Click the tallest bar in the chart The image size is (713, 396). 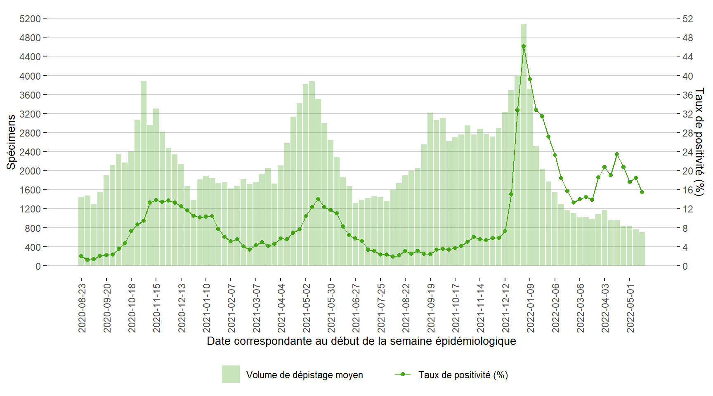pos(523,144)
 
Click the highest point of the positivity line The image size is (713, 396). pos(524,46)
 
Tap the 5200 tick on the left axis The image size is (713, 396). pos(30,19)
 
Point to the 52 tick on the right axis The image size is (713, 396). pos(687,19)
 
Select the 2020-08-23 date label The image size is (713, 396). pos(82,307)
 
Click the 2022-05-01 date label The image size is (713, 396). pos(630,307)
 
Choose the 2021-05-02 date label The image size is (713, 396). pos(306,307)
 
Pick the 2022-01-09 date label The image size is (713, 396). pos(530,307)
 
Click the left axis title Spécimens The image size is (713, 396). pos(11,142)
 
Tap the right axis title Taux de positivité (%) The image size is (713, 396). pos(699,142)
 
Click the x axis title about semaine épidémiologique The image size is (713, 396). pos(361,341)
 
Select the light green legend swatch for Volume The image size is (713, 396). pos(231,374)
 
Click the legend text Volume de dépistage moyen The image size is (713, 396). pos(305,375)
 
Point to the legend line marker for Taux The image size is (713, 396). pos(403,374)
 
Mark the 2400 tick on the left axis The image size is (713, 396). pos(30,152)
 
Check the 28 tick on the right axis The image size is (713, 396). pos(687,133)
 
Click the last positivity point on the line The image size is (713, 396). pos(642,192)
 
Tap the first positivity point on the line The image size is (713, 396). pos(81,256)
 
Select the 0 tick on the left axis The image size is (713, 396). pos(38,266)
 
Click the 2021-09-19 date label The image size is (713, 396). pos(430,307)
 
